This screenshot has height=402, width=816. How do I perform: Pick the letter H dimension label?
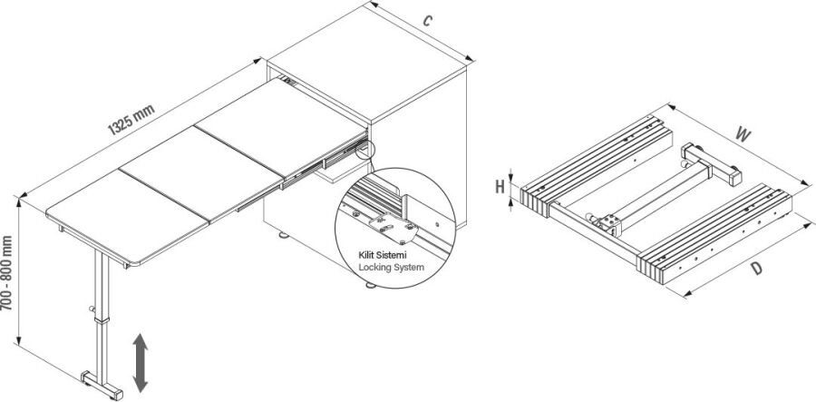(x=500, y=188)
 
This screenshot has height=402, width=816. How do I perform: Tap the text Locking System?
(x=390, y=269)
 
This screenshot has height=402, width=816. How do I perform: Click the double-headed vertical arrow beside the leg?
(x=141, y=361)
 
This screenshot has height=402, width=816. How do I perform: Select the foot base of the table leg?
(x=101, y=383)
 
